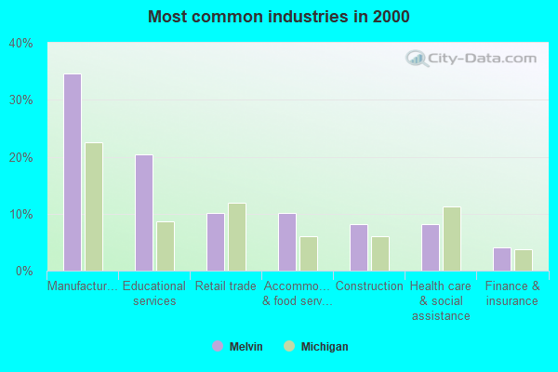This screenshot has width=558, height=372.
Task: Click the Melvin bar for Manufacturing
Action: click(72, 172)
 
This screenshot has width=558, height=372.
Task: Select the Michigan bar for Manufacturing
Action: click(94, 206)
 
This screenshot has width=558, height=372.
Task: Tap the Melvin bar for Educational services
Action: click(144, 213)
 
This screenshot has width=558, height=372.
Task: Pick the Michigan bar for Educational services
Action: click(166, 246)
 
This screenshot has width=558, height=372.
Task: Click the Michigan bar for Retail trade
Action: click(237, 237)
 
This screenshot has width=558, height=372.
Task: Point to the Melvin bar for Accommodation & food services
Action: click(287, 242)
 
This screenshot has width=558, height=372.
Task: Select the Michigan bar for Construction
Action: click(380, 254)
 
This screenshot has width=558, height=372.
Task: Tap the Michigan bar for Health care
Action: click(452, 239)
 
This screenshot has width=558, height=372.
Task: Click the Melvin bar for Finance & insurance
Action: click(502, 259)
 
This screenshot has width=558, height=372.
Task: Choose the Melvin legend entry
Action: click(237, 347)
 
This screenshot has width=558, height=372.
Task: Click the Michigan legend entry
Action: click(316, 347)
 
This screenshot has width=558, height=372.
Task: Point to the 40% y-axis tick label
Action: click(21, 43)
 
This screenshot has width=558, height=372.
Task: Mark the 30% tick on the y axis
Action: click(21, 100)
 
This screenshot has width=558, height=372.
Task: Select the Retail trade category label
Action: click(226, 286)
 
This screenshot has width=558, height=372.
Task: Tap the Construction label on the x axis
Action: click(369, 286)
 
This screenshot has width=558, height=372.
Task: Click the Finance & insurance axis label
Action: click(512, 293)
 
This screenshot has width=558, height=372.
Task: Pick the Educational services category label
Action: click(154, 293)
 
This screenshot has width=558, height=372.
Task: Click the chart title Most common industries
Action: click(278, 17)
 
